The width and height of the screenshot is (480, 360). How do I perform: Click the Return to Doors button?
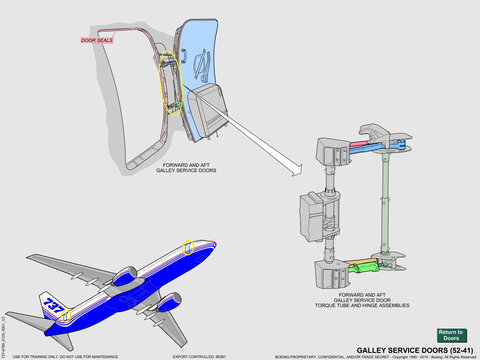coord(451,335)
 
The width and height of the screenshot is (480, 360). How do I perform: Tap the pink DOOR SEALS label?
coord(97,40)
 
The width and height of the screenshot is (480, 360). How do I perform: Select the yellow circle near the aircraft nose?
coord(188,248)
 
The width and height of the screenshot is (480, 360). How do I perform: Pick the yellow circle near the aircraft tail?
coord(66,315)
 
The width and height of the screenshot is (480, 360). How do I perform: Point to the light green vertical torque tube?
coord(385,204)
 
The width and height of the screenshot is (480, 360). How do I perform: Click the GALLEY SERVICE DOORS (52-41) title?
coord(415,350)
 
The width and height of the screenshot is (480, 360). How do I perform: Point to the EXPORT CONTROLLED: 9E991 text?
coord(199,357)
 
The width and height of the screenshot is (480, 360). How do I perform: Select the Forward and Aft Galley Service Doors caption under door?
coord(186,168)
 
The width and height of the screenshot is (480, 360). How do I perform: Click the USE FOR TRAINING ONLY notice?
coord(65,357)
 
